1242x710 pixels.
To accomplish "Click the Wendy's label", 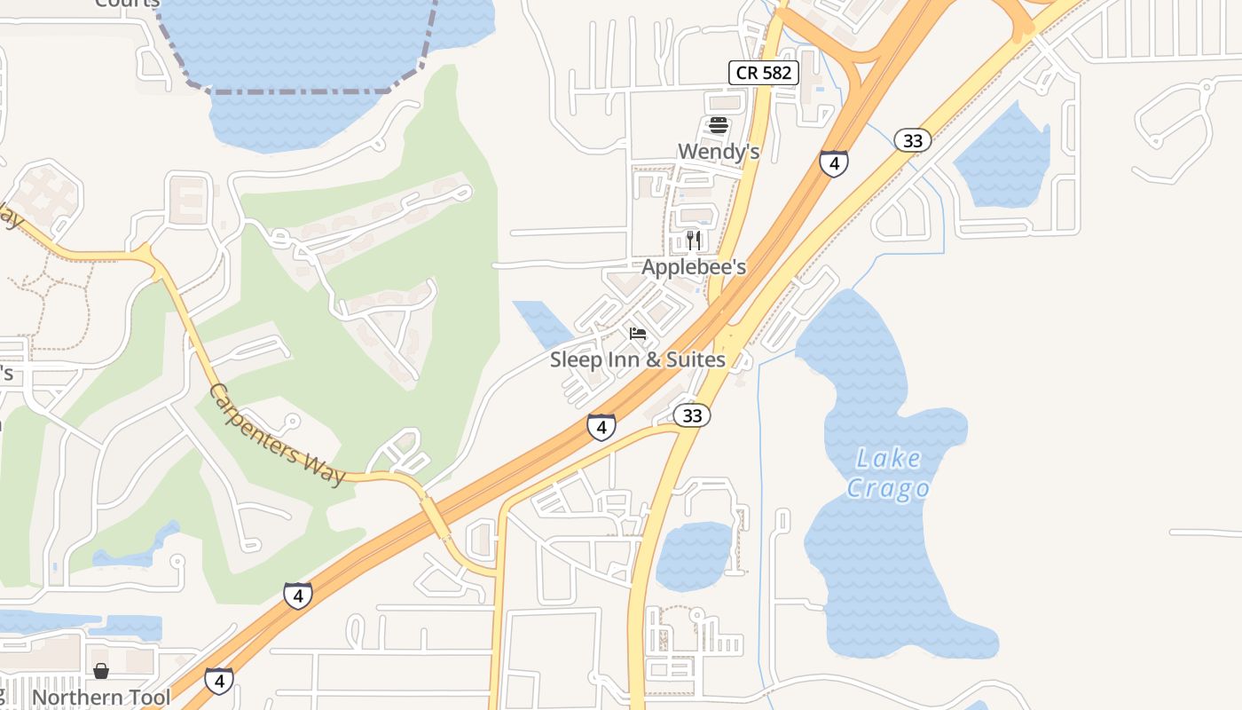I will coord(719,152).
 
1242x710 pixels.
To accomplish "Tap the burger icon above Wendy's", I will coord(719,125).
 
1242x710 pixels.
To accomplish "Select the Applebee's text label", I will coord(694,267).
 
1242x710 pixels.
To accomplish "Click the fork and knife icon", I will coord(694,240).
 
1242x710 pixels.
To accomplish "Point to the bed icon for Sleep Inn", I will coord(638,334).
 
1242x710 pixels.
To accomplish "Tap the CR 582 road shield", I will coord(764,73).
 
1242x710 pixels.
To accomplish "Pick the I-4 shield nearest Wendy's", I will coord(833,163).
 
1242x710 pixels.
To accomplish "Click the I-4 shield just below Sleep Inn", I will coord(601,427).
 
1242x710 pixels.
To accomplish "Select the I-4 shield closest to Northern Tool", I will coord(219,681).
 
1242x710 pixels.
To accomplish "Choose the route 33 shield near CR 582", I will coord(912,140).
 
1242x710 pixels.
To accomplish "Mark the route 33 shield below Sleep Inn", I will coord(692,415).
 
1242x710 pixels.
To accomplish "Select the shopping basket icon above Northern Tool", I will coord(101,671).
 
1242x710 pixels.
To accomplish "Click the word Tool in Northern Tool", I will coord(147,698).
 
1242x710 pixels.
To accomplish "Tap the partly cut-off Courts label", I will coord(127,4).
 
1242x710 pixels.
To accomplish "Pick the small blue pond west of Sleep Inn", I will coord(541,321).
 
